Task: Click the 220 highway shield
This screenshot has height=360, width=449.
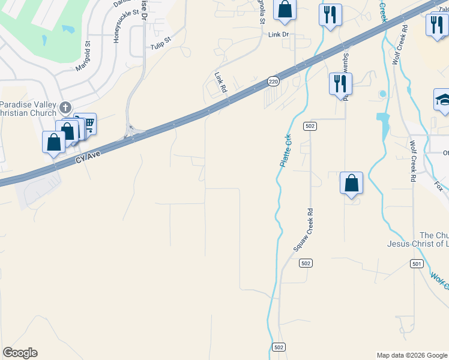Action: coord(273,81)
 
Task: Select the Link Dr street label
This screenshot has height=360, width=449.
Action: coord(279,35)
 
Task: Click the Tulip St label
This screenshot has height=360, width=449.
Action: coord(161,43)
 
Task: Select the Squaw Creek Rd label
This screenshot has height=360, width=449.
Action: coord(304,230)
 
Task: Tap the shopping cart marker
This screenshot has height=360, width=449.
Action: coord(88,124)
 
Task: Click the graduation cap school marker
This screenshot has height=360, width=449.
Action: coord(443,100)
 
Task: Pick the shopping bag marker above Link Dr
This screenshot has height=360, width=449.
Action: coord(285,10)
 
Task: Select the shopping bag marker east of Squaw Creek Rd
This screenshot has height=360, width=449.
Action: coord(351,183)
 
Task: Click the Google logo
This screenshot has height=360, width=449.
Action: coord(20,353)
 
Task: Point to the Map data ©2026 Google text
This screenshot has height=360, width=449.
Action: coord(412,355)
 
